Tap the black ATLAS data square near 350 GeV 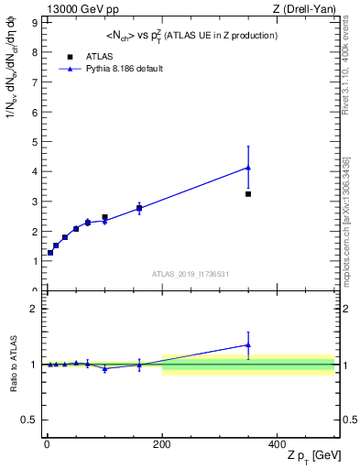click(248, 194)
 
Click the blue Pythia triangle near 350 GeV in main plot click(248, 168)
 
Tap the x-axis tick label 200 click(161, 443)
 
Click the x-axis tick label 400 click(277, 443)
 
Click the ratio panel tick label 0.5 click(29, 420)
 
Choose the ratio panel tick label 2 click(34, 309)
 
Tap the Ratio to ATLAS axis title click(13, 364)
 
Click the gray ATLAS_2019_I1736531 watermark click(190, 274)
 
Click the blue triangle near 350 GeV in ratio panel click(248, 345)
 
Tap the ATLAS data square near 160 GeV click(139, 209)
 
